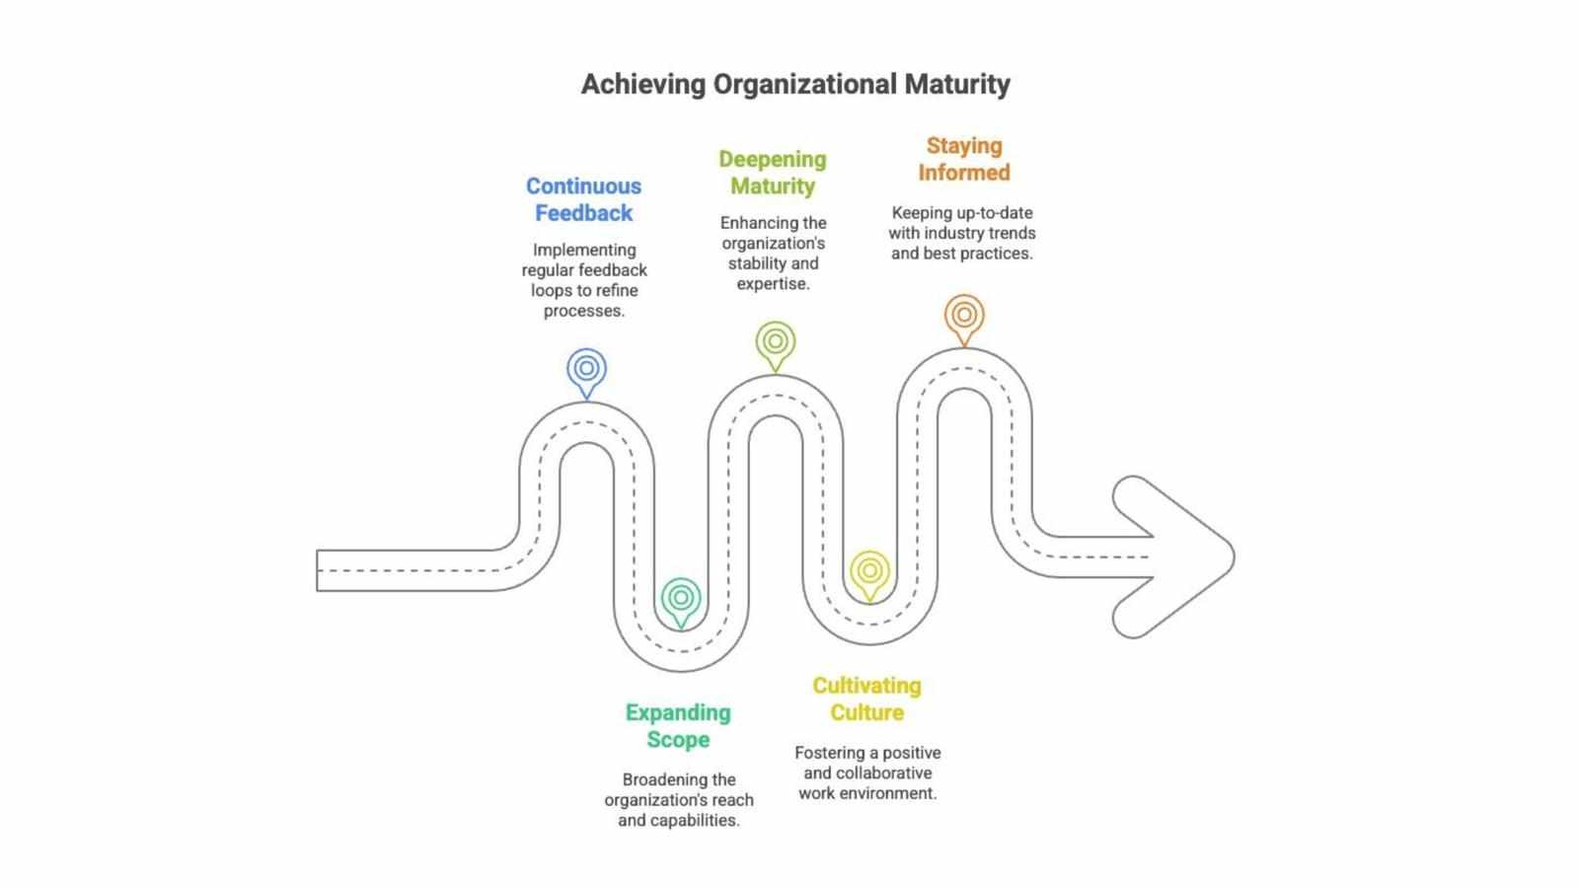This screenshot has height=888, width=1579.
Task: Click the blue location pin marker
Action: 586,372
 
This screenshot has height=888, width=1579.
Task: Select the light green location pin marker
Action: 776,345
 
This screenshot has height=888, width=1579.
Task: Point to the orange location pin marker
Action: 964,319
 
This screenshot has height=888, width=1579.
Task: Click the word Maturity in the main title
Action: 957,85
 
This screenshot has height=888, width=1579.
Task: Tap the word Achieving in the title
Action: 642,85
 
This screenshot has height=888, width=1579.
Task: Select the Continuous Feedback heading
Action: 583,199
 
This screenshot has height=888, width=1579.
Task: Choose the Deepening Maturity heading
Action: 773,173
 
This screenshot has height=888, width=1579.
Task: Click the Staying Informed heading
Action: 963,159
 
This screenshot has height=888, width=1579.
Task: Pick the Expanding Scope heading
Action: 678,726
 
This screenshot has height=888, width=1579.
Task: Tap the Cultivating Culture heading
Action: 867,700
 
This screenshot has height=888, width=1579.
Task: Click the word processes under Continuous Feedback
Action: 583,311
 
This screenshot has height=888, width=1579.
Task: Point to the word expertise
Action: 774,284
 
